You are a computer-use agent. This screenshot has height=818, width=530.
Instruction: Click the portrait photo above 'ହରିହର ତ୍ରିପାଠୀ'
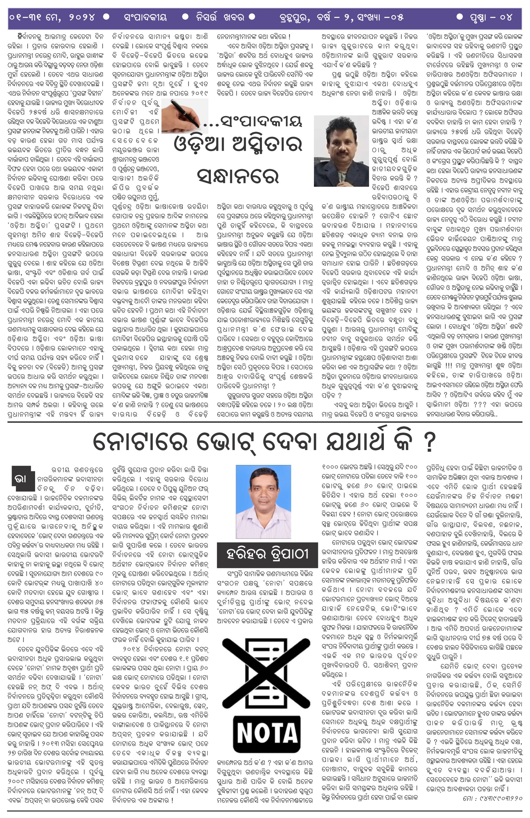[x=263, y=501]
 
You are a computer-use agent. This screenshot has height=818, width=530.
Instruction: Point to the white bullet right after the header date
[x=106, y=17]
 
